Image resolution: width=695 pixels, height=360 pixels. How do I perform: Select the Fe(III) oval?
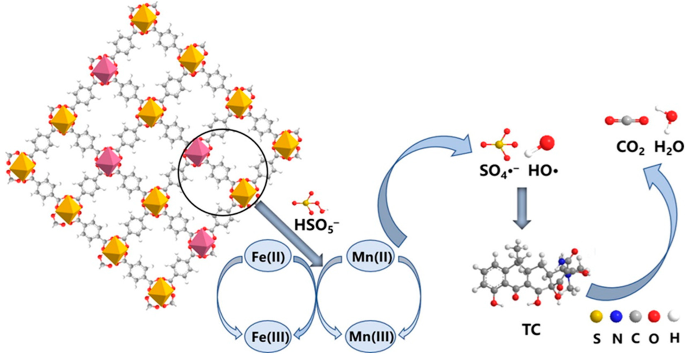pos(268,337)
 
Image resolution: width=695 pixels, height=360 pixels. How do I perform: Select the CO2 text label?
pos(630,148)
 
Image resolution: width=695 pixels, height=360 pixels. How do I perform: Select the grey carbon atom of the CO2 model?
pos(627,120)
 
